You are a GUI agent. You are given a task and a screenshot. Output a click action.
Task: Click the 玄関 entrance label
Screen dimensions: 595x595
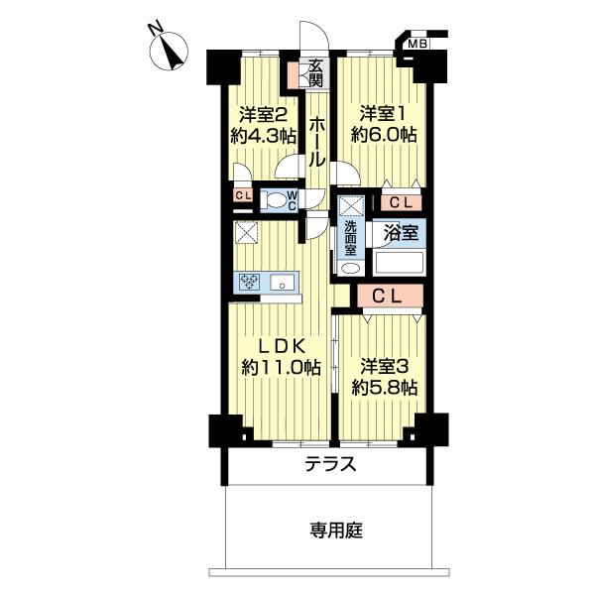(x=315, y=72)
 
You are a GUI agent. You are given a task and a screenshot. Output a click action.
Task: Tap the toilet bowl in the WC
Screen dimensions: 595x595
(x=273, y=199)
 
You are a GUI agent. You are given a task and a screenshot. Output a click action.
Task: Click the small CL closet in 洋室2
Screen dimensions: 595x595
(x=242, y=195)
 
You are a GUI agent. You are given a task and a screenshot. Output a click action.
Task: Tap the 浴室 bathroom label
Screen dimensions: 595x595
(x=401, y=235)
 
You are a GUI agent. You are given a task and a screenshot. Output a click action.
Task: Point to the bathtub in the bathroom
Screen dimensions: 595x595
(x=399, y=263)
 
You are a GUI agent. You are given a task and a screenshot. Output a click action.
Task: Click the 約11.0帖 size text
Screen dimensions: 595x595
(x=281, y=368)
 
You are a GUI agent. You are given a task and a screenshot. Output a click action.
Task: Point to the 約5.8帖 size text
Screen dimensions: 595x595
(x=382, y=387)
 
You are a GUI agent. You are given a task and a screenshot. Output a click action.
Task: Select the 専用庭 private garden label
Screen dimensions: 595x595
(x=331, y=532)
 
